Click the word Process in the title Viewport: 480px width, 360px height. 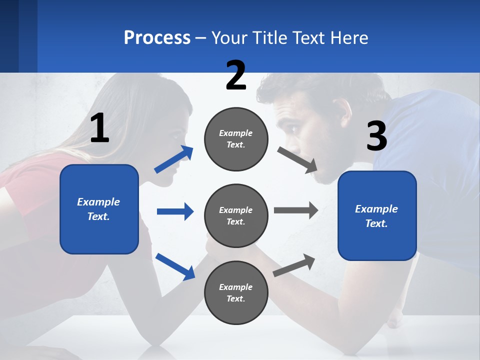[x=157, y=38]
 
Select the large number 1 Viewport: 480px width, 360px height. [x=99, y=128]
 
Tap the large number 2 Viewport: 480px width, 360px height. [x=236, y=75]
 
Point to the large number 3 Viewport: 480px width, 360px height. [x=376, y=136]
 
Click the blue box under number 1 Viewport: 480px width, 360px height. [x=99, y=209]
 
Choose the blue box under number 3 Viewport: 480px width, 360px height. [x=377, y=216]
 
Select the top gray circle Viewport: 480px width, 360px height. [x=236, y=139]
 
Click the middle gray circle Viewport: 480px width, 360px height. [x=236, y=215]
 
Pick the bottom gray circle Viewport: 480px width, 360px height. [x=236, y=292]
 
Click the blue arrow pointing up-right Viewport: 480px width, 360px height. [x=174, y=159]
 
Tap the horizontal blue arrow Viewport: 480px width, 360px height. [x=175, y=211]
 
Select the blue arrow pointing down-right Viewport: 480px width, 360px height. [x=175, y=266]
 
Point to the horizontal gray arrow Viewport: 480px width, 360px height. [x=296, y=210]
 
